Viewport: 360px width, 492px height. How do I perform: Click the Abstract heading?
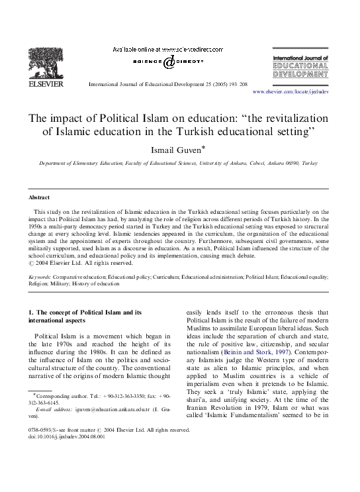(x=39, y=198)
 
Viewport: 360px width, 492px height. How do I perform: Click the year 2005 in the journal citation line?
(x=202, y=85)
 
